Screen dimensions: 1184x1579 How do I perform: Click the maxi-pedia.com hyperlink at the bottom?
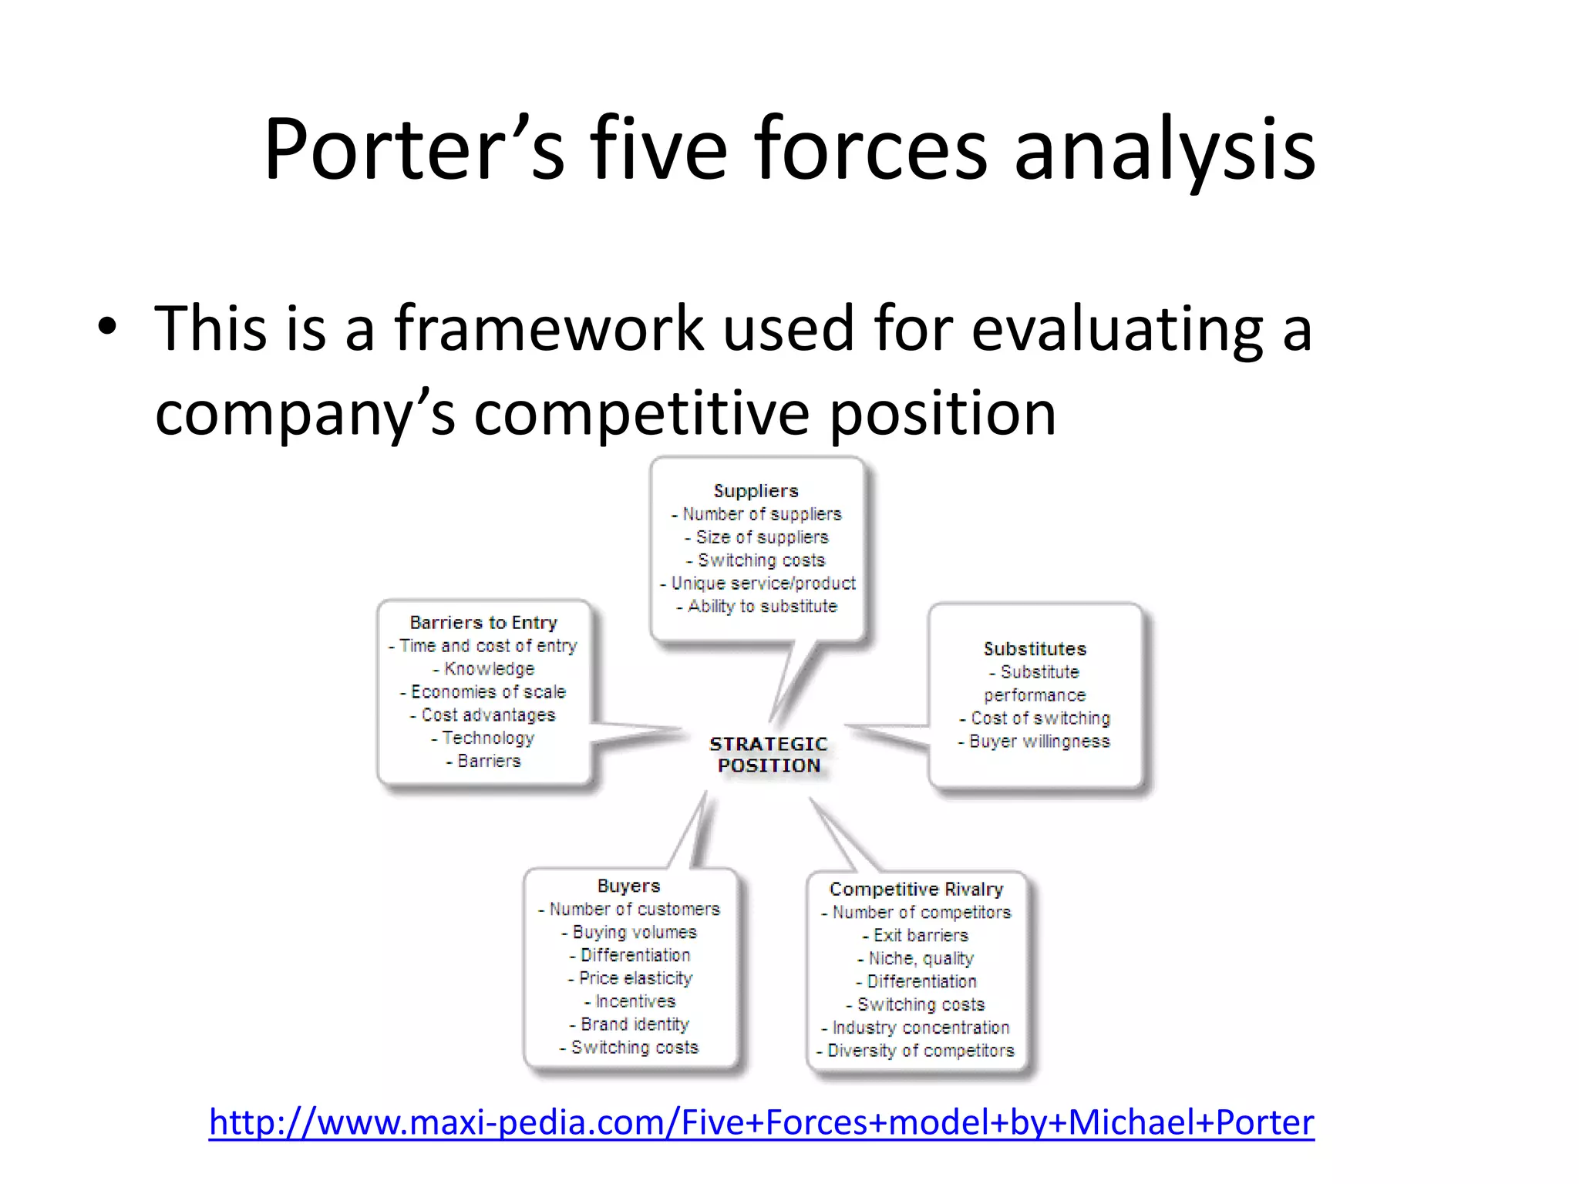pos(761,1122)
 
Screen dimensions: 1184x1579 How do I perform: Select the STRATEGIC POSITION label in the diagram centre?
pos(769,755)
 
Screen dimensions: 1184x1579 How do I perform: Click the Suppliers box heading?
pos(756,491)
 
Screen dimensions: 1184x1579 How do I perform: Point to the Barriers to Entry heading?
pos(483,622)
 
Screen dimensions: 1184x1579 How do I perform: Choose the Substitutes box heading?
pos(1035,649)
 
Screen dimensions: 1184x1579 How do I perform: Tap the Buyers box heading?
pos(628,886)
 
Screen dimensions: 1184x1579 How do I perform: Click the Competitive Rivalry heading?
pos(916,889)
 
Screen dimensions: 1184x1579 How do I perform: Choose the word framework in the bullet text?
pos(549,328)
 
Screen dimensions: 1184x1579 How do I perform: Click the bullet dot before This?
pos(108,328)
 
